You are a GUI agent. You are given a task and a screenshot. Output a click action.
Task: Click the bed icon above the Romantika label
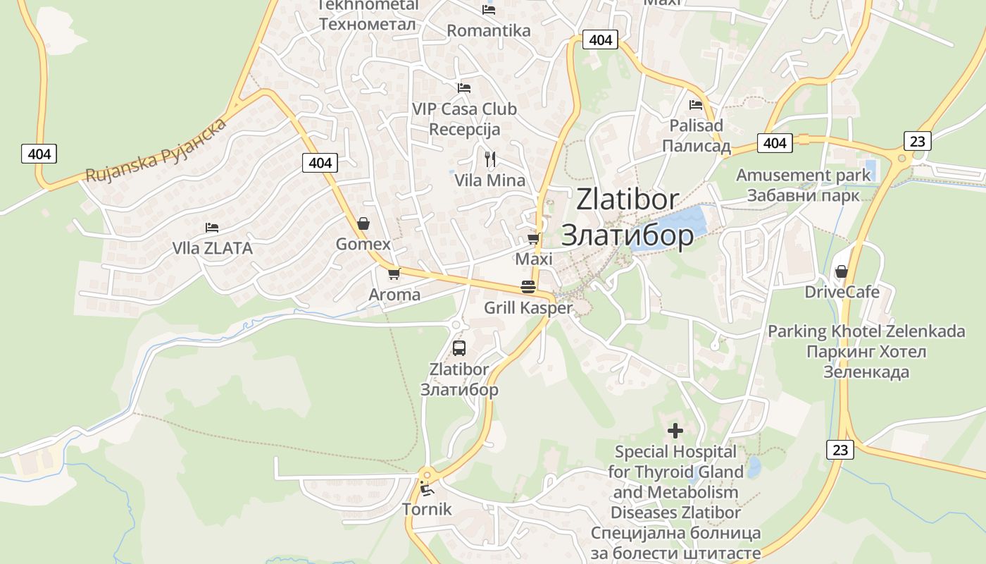click(489, 10)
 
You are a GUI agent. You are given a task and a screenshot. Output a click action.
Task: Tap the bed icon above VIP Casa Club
click(464, 88)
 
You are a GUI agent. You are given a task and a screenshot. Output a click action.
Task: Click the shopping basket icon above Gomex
click(363, 223)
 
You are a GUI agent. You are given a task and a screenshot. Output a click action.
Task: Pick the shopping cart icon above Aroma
click(394, 274)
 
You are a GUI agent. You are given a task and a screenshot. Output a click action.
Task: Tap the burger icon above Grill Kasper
click(528, 287)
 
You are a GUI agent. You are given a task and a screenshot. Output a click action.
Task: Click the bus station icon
click(459, 348)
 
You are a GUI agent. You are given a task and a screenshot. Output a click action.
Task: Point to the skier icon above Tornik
click(426, 488)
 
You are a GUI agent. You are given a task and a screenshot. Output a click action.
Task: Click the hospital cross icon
click(675, 430)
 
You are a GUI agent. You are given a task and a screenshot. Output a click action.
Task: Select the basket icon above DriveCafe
click(841, 271)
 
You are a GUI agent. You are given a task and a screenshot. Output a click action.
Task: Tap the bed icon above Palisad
click(696, 105)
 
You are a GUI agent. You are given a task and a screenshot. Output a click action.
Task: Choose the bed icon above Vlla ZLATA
click(212, 227)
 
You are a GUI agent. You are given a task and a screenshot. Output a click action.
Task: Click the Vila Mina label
click(489, 180)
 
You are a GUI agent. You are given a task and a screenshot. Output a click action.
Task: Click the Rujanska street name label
click(156, 151)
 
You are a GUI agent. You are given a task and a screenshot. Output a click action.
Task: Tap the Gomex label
click(363, 245)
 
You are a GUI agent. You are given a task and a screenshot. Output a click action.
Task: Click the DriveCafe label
click(842, 292)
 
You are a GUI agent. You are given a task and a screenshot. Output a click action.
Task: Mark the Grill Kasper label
click(528, 308)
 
